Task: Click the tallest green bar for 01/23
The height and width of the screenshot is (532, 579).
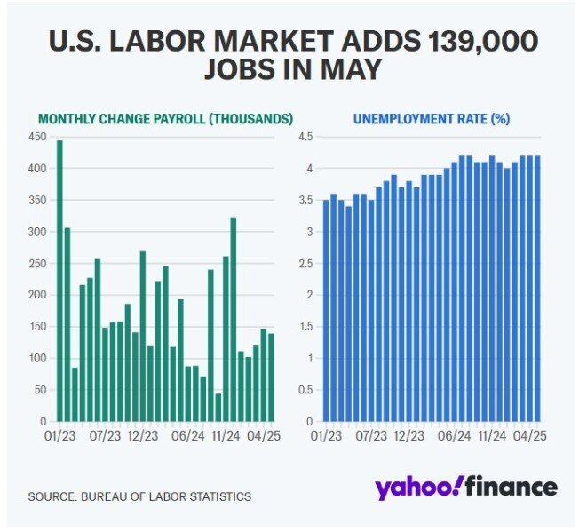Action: [x=59, y=281]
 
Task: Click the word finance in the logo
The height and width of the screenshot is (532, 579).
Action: [x=512, y=487]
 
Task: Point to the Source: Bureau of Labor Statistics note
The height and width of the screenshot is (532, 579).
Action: [x=139, y=496]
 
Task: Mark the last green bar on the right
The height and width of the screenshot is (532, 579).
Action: [x=271, y=377]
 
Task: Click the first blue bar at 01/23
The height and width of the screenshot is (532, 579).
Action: [x=326, y=311]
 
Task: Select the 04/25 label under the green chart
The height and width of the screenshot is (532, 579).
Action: [x=264, y=437]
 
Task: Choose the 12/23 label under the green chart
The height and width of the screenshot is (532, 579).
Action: [x=144, y=437]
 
